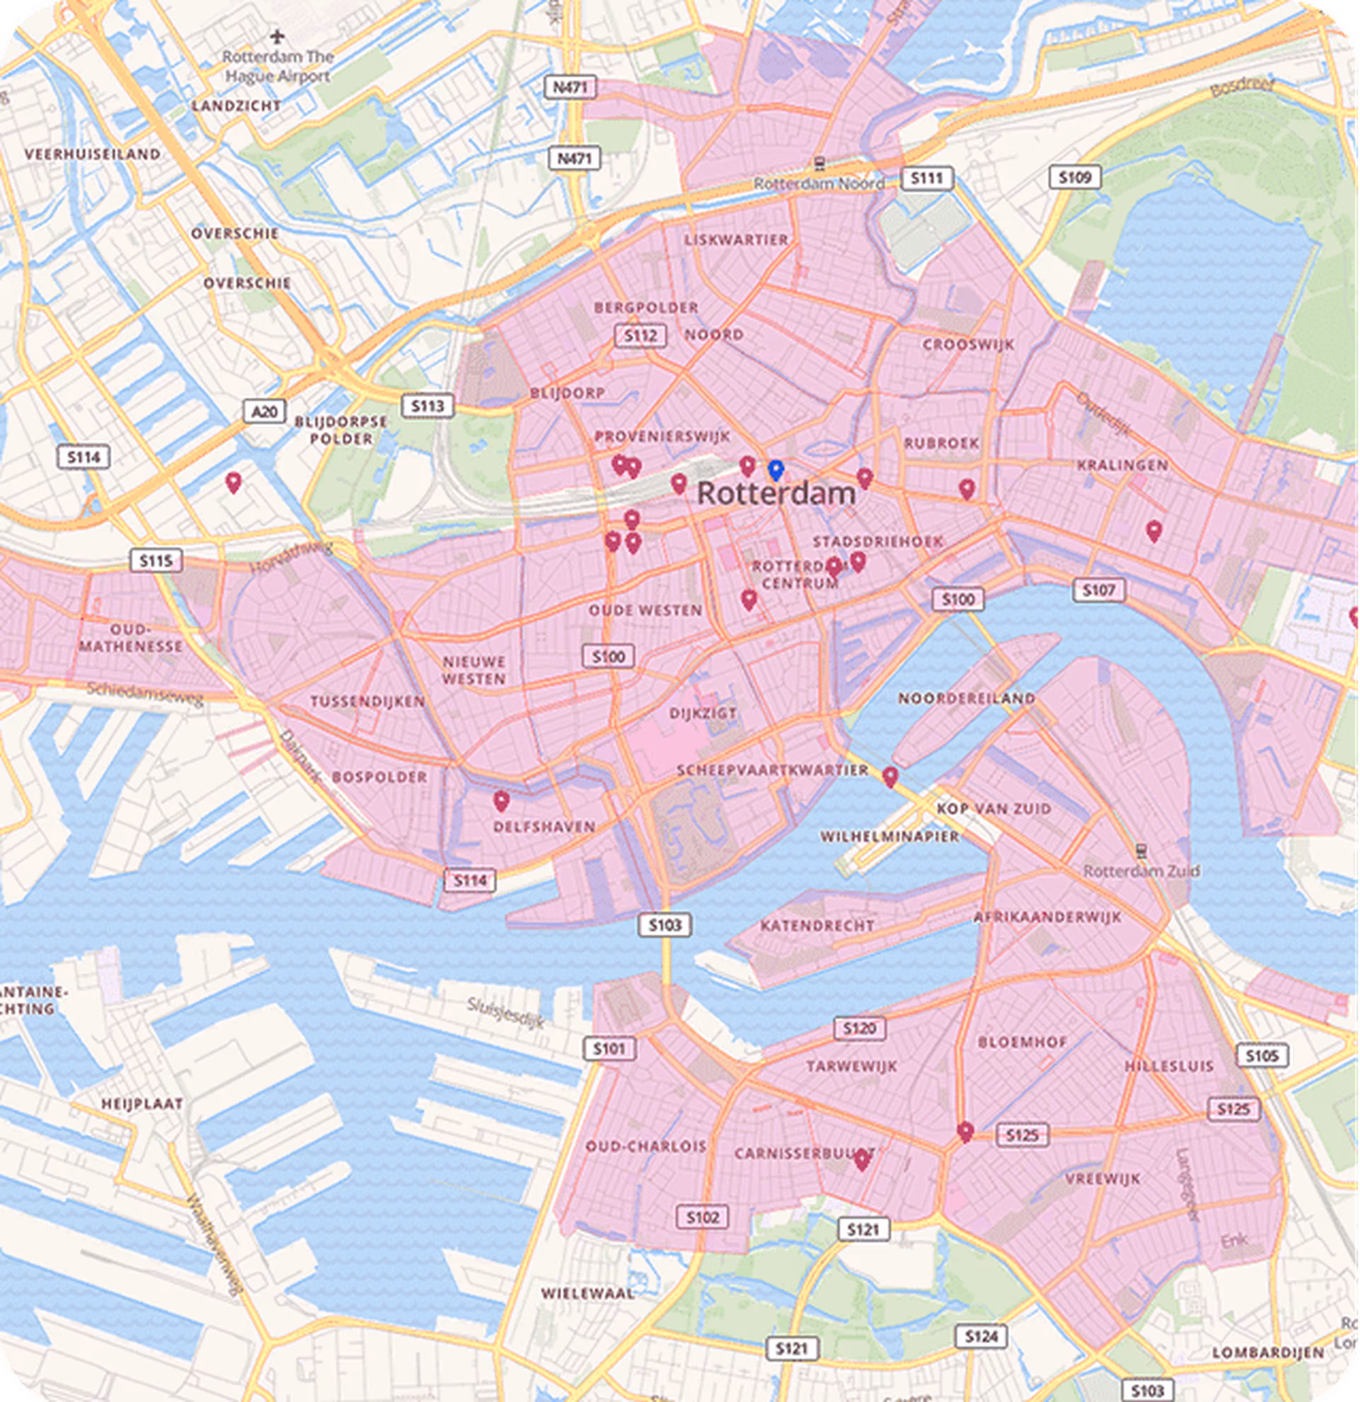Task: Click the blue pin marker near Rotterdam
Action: (776, 470)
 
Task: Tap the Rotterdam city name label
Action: (776, 494)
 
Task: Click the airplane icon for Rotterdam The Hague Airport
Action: (278, 36)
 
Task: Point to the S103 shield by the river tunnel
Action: (665, 925)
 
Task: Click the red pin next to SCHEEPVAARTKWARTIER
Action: (889, 776)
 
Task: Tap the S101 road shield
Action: (609, 1049)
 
